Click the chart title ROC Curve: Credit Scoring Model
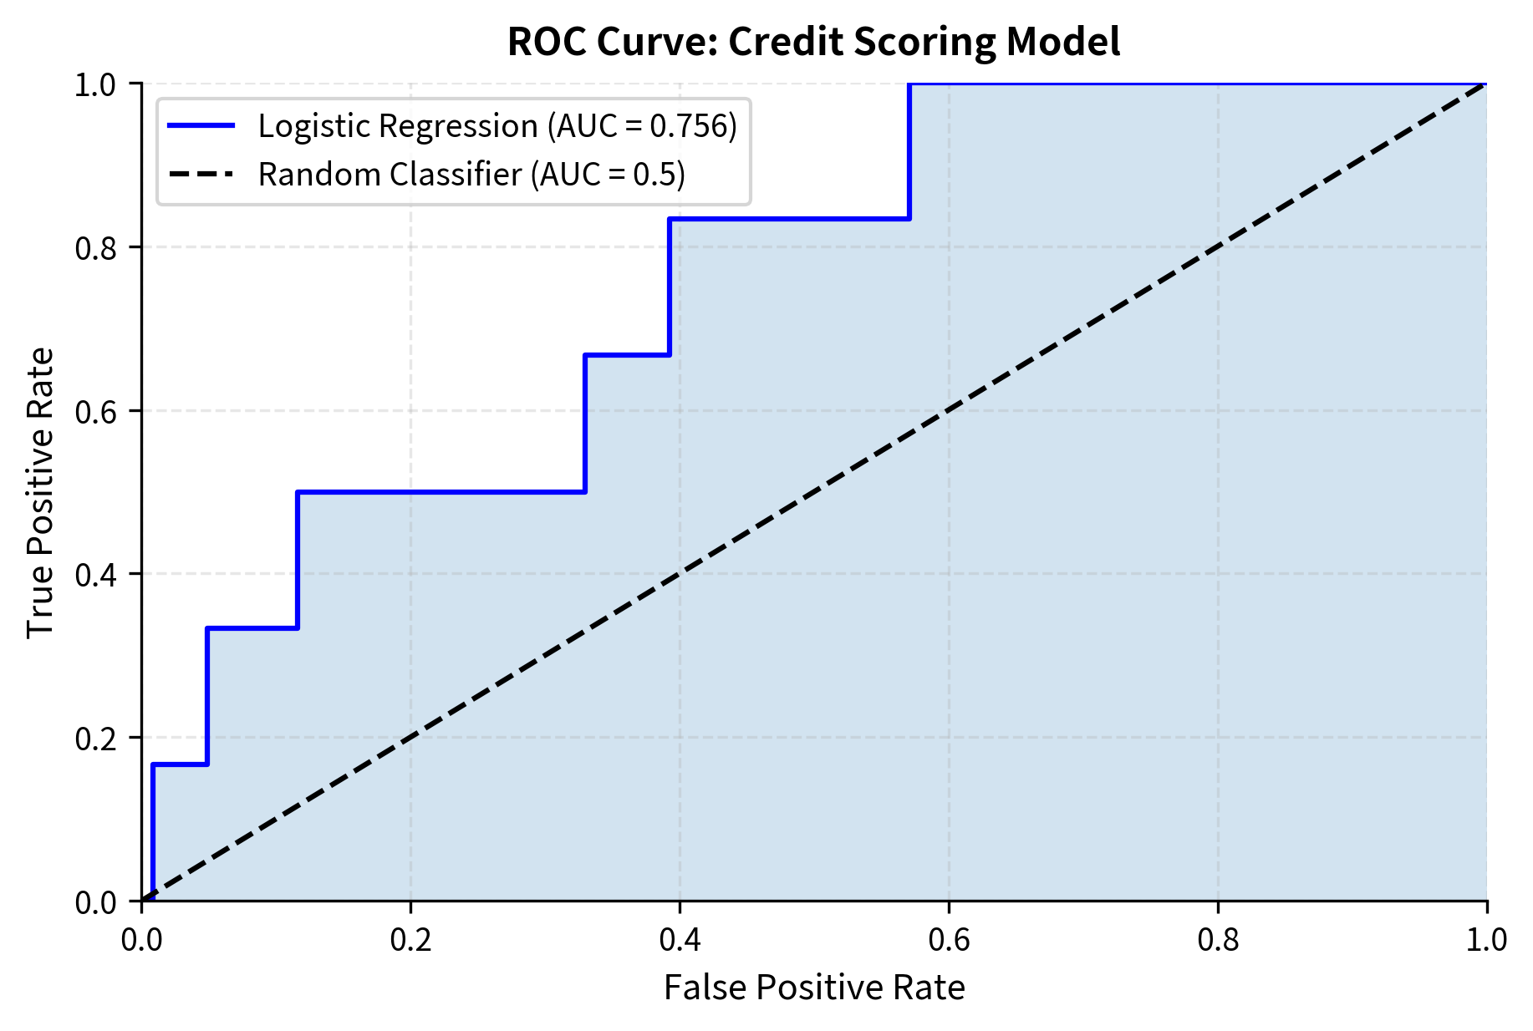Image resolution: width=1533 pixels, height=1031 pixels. (813, 42)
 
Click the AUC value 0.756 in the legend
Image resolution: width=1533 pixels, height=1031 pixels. (690, 126)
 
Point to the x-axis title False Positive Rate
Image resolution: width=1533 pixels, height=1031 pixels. (813, 988)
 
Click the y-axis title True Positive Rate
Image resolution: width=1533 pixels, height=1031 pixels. (40, 492)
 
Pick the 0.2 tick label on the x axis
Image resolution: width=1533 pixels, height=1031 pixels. (410, 940)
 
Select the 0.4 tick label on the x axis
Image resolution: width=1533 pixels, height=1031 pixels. (680, 940)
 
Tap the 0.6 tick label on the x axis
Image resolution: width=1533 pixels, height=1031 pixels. (949, 940)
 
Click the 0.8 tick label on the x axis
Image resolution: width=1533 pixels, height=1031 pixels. (1218, 940)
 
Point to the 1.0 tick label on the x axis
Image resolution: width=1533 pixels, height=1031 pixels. (1486, 940)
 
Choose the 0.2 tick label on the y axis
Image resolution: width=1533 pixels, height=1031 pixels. (96, 739)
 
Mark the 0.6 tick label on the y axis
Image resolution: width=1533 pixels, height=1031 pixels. (96, 411)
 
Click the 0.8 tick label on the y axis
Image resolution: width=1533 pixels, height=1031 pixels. (96, 248)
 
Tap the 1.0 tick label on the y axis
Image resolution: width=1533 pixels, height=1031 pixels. (96, 85)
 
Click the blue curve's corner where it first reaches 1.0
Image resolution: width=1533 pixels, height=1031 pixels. (909, 84)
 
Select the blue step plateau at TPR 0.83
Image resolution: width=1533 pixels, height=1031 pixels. (789, 219)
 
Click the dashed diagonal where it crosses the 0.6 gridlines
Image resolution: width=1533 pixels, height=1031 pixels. (949, 410)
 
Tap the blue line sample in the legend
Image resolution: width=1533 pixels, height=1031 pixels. (201, 126)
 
